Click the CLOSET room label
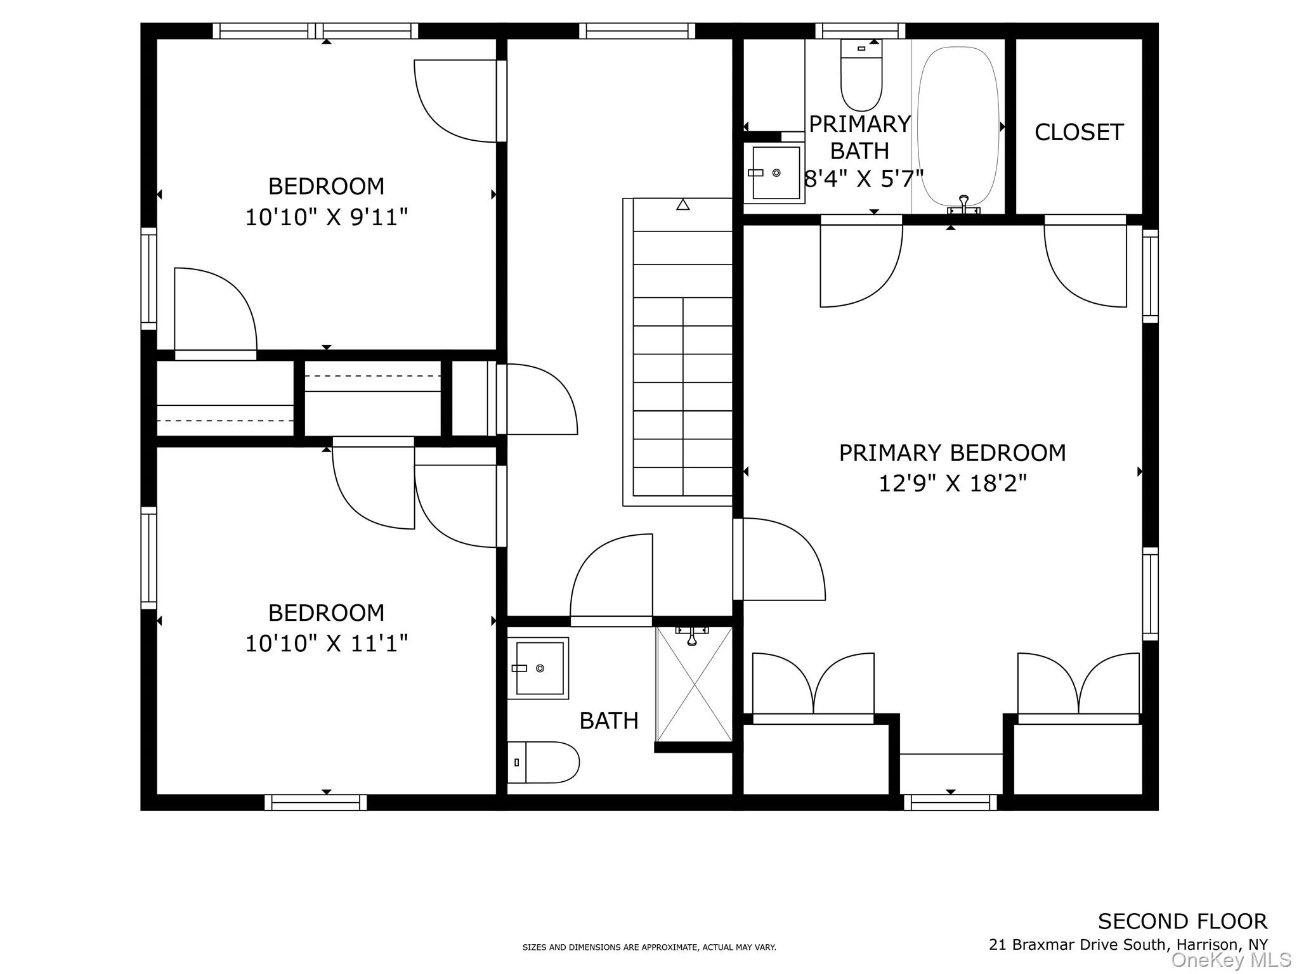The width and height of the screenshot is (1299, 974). (x=1079, y=132)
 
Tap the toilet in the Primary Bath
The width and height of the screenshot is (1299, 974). (x=861, y=75)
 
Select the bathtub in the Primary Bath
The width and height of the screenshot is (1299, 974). (x=958, y=127)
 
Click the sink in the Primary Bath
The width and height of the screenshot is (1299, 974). (x=774, y=172)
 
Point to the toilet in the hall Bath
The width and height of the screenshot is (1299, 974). (x=543, y=762)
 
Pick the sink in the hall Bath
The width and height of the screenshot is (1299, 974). (x=538, y=668)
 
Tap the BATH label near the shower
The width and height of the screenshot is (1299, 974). (x=609, y=721)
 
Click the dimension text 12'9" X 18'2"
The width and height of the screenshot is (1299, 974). (x=952, y=484)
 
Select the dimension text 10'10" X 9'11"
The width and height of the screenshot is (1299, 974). (x=326, y=218)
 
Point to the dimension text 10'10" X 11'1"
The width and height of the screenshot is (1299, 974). (x=326, y=644)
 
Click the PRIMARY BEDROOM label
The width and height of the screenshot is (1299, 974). (x=952, y=453)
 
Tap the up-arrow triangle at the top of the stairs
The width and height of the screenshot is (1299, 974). (x=682, y=205)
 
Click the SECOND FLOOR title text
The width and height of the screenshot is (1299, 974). (x=1182, y=921)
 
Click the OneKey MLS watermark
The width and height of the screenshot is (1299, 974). (x=1231, y=960)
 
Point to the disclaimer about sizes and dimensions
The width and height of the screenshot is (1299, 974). (x=649, y=947)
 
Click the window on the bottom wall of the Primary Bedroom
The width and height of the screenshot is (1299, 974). (x=950, y=803)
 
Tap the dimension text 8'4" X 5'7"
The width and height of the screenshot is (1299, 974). (x=863, y=179)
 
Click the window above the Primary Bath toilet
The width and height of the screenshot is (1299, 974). (x=860, y=31)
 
